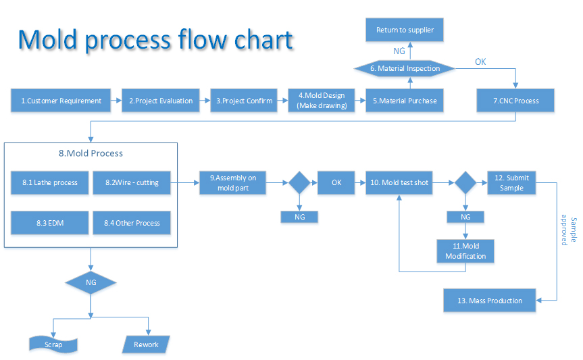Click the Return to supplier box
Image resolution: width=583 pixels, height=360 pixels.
tap(405, 30)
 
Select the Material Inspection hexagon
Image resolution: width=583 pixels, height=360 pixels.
tap(405, 68)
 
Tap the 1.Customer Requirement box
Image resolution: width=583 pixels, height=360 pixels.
tap(61, 101)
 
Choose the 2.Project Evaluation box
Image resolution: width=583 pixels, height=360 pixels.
tap(161, 101)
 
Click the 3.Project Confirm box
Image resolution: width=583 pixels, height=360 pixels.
tap(244, 101)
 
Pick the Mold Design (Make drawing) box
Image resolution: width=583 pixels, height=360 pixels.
tap(322, 101)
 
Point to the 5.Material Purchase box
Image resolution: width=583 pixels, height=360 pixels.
tap(405, 101)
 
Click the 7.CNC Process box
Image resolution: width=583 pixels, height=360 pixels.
tap(515, 101)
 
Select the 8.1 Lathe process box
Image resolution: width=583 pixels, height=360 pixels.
tap(50, 182)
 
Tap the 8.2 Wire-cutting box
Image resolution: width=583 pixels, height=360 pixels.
tap(132, 182)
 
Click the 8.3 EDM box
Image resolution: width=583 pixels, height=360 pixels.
tap(50, 223)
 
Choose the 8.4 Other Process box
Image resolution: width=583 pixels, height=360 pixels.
tap(132, 223)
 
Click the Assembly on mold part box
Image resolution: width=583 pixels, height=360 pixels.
tap(233, 182)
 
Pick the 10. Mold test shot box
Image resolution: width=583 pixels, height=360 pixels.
tap(399, 182)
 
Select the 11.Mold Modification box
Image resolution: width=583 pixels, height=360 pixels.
tap(465, 251)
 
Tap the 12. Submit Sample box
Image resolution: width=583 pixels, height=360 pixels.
tap(511, 182)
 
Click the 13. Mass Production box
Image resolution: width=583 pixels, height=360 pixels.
tap(490, 300)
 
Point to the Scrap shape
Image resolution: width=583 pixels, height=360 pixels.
tap(53, 344)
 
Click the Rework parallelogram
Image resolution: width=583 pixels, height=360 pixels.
tap(146, 344)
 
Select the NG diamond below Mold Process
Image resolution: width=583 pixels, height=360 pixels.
tap(91, 282)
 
